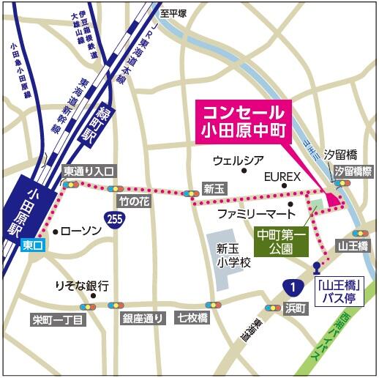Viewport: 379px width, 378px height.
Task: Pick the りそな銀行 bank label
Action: pyautogui.click(x=82, y=285)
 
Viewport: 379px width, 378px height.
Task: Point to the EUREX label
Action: pyautogui.click(x=282, y=177)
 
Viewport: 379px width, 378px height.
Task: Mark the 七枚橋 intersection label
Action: pyautogui.click(x=192, y=318)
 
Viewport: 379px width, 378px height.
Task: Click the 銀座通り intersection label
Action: pyautogui.click(x=143, y=318)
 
